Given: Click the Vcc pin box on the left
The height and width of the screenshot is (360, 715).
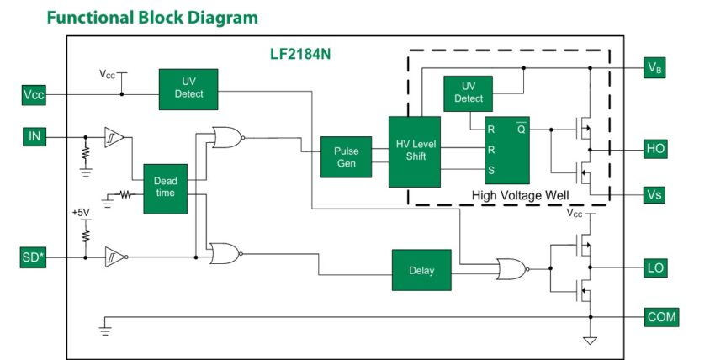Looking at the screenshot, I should pos(34,94).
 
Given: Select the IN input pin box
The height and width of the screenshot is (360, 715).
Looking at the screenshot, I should pos(34,135).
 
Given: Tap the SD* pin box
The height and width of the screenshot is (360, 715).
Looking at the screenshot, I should pos(34,256).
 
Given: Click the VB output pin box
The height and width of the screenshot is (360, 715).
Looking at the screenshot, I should pos(656,68).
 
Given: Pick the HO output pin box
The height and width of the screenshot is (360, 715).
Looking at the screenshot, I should pos(656,149).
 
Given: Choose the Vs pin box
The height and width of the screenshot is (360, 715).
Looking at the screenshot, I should pos(656,194).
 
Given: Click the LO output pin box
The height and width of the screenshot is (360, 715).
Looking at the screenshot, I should pos(656,269).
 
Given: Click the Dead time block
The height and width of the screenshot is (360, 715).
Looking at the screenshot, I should pos(165,187).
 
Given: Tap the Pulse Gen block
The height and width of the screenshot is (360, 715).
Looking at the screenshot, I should pos(346,156).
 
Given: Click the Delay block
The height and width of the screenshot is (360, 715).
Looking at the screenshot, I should pos(421,270).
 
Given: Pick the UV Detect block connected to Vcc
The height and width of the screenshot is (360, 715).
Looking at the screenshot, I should pos(188,88).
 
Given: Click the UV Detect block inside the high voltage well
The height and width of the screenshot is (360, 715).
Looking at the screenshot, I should pos(469,93).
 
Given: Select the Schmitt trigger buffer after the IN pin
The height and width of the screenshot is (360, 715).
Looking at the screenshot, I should pos(113,135).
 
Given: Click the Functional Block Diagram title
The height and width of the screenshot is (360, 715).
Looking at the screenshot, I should pos(152,17).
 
